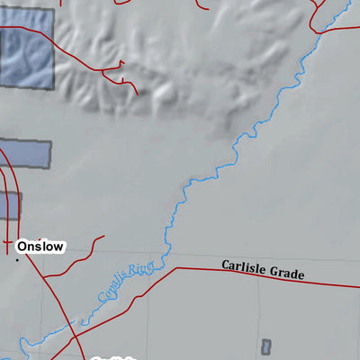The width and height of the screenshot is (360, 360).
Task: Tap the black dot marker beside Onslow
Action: [16, 259]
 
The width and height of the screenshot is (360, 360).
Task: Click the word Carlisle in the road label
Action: [245, 266]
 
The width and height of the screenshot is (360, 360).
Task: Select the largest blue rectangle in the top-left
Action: [26, 53]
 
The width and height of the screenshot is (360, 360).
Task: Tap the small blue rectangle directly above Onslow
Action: [10, 205]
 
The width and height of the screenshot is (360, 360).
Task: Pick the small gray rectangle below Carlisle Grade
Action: [265, 346]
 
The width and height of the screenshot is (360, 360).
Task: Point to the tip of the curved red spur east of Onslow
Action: [103, 238]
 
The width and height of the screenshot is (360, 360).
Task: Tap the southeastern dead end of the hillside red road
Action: [136, 92]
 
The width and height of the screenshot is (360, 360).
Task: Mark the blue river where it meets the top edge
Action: [347, 2]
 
